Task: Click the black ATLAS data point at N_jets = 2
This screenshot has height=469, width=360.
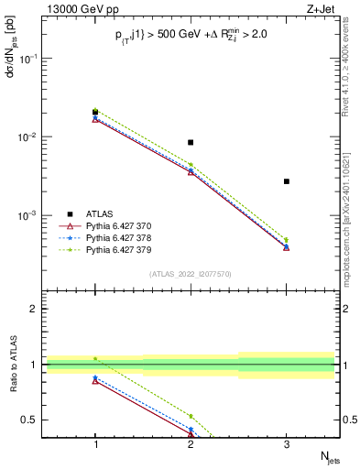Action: [x=191, y=142]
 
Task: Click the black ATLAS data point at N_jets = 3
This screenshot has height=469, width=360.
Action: [x=286, y=181]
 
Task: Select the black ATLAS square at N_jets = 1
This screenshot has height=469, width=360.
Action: [x=95, y=113]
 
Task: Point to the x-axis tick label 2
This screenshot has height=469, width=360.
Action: [x=191, y=444]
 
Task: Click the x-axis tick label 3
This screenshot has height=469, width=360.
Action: [x=286, y=444]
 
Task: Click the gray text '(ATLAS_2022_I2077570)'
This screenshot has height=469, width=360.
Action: [x=191, y=274]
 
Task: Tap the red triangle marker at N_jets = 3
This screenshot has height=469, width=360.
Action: [x=286, y=247]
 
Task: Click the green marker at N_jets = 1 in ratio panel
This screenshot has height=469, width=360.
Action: [x=95, y=358]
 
